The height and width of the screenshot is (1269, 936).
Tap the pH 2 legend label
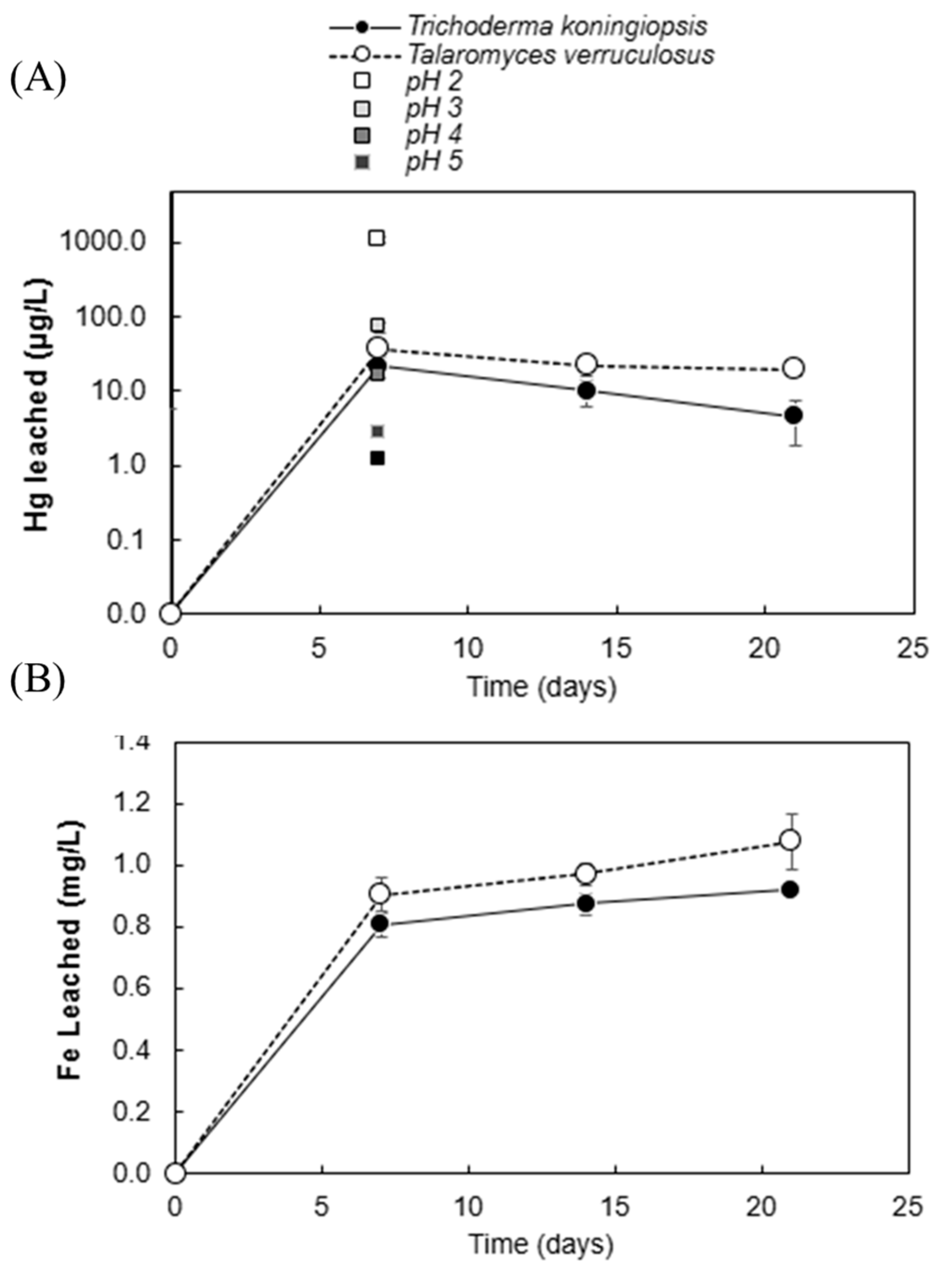(x=433, y=82)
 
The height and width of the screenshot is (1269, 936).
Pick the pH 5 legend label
(x=433, y=163)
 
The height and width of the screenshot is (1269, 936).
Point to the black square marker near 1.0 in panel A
(x=377, y=458)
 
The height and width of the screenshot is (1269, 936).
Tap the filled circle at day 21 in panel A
(x=794, y=415)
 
